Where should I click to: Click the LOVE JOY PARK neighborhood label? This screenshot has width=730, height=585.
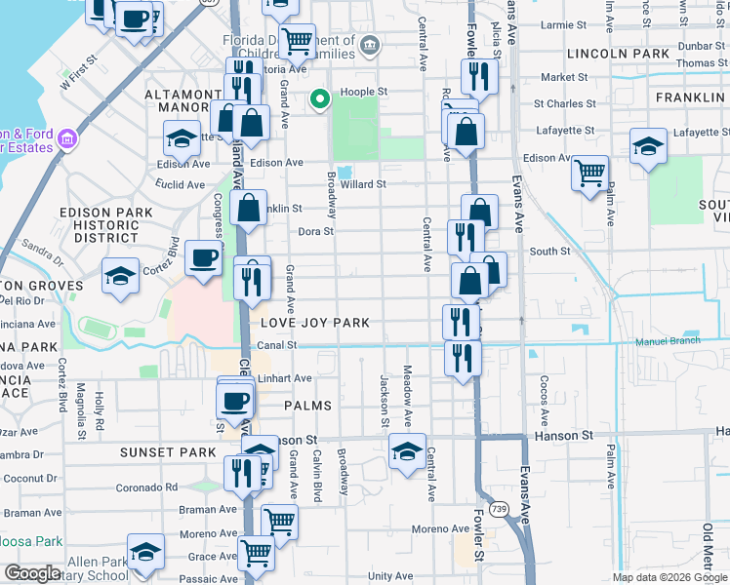[x=314, y=323]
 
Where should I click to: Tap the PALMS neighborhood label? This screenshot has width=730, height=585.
[x=308, y=405]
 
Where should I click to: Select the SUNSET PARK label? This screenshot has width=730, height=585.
[x=167, y=452]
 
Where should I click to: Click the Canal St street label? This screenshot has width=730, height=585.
[x=277, y=345]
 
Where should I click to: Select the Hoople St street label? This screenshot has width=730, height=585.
[x=364, y=94]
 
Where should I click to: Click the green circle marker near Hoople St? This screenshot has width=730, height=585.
[x=317, y=98]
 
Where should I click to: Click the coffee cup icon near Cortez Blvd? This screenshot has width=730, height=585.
[x=203, y=258]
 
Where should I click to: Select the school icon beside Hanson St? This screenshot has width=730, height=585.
[x=407, y=450]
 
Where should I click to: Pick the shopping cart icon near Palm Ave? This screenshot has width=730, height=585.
[x=589, y=174]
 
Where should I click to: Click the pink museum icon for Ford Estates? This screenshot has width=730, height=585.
[x=66, y=139]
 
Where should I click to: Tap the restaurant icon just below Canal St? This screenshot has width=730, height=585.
[x=462, y=357]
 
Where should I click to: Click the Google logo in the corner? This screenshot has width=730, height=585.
[x=34, y=573]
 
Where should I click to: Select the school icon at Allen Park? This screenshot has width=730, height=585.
[x=145, y=553]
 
